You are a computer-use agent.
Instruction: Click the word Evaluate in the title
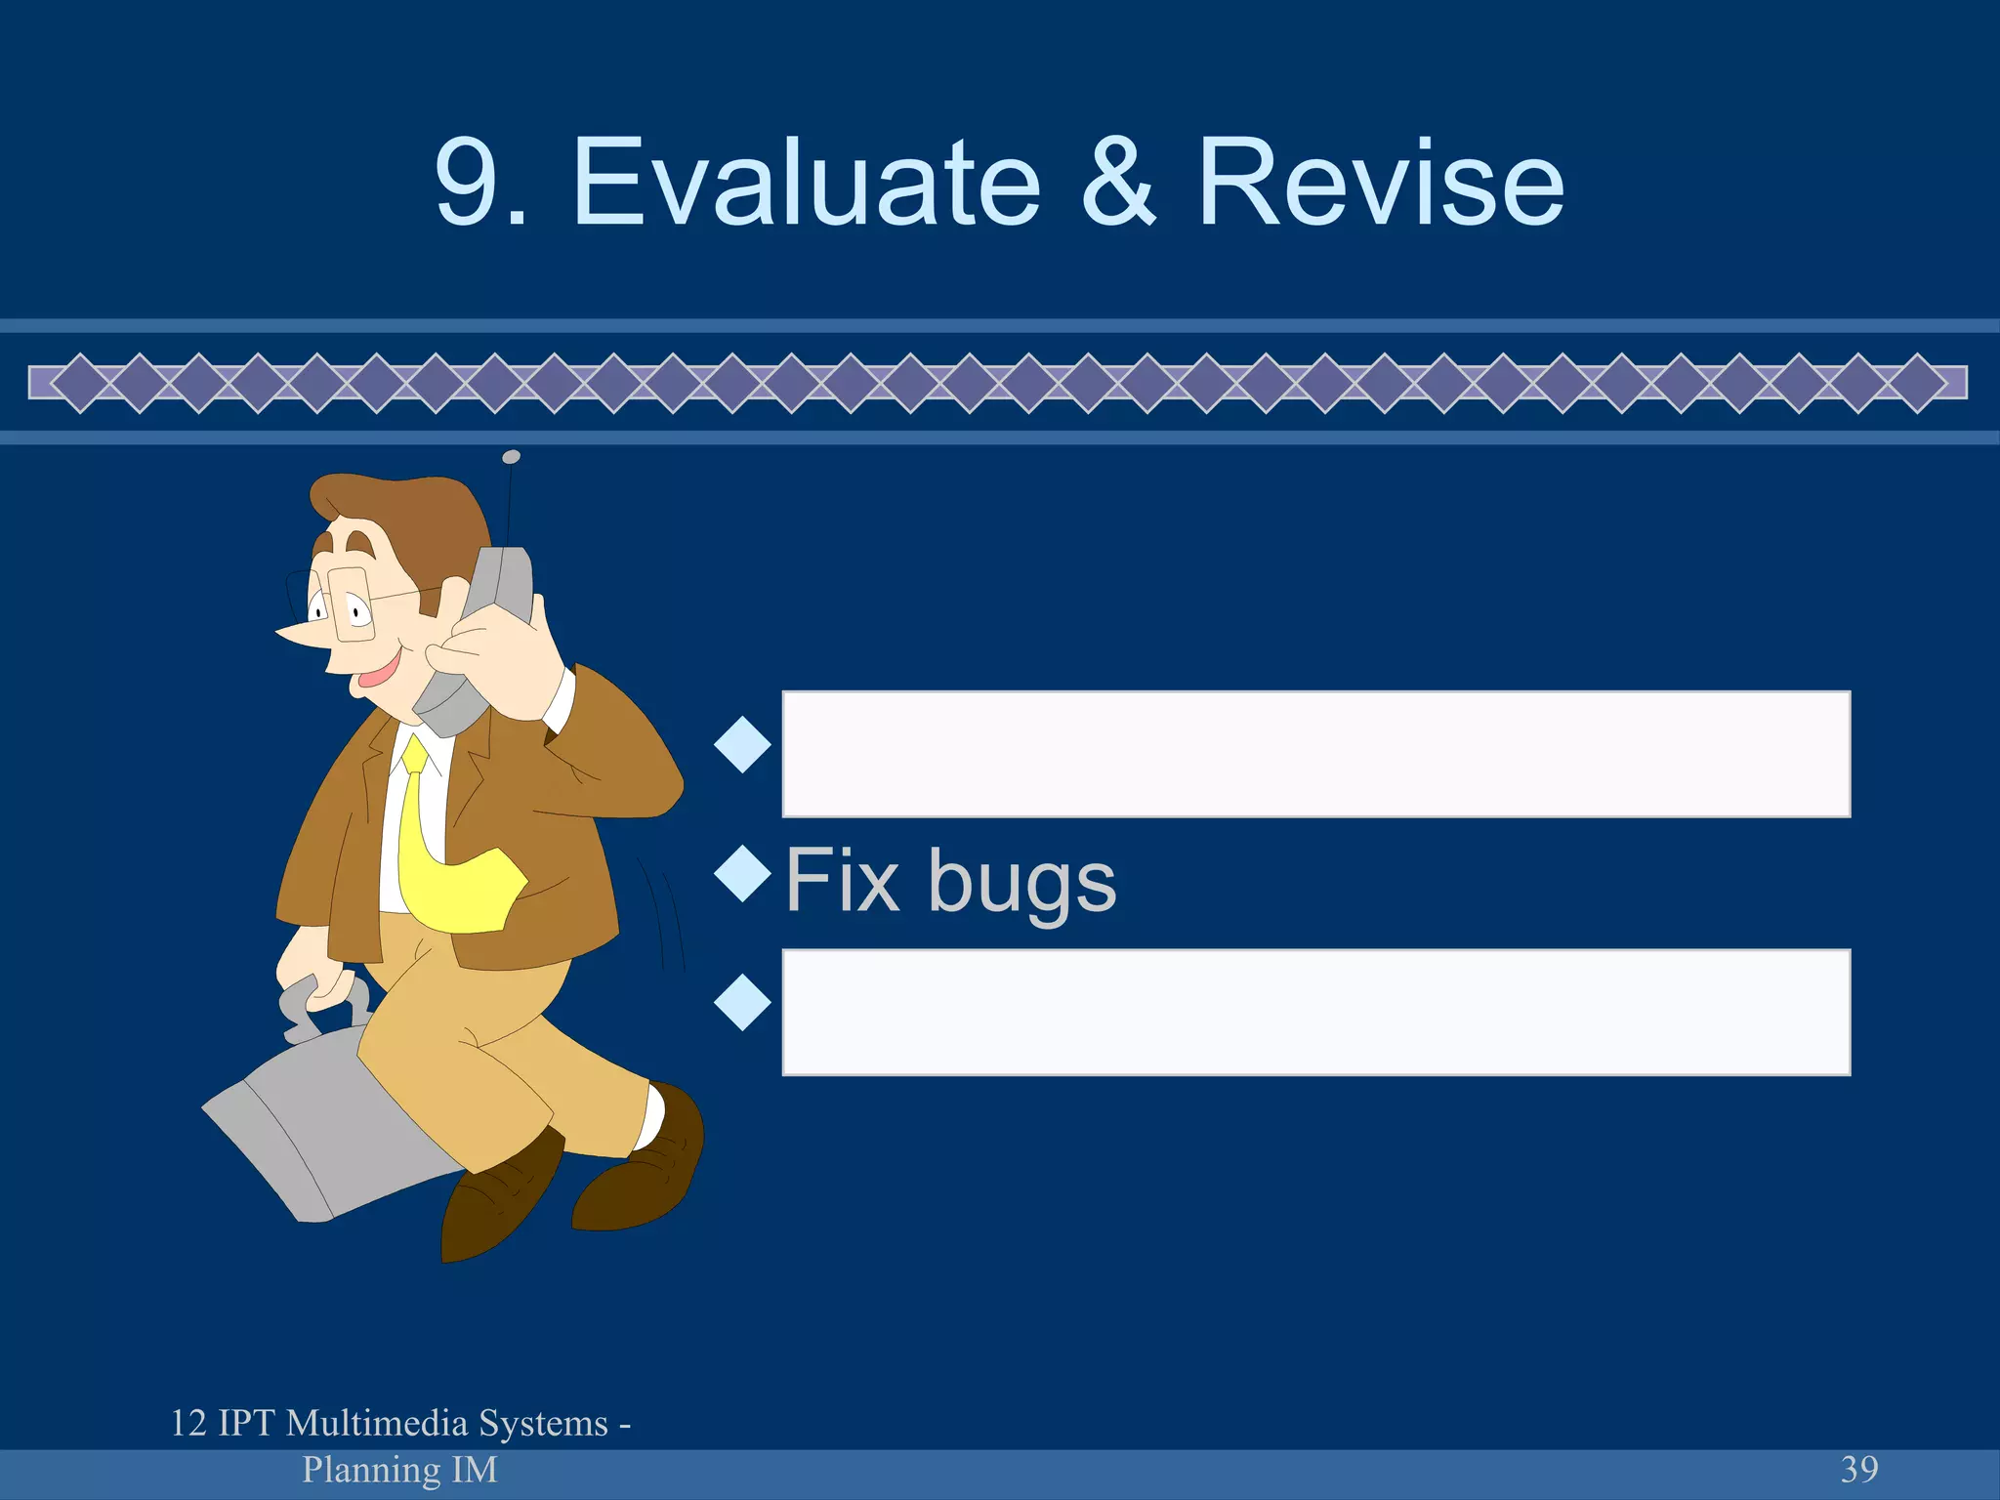tap(807, 183)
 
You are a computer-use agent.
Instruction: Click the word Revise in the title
tap(1380, 183)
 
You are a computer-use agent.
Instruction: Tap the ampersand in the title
tap(1119, 183)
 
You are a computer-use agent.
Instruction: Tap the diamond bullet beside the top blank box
tap(742, 744)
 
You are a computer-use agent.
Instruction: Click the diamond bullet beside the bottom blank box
tap(742, 1002)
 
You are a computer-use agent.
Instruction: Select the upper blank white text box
tap(1315, 753)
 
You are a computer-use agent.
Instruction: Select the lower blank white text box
tap(1315, 1012)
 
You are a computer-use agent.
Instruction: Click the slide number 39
tap(1859, 1469)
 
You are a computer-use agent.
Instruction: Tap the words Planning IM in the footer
tap(399, 1469)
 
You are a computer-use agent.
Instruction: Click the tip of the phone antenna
tap(511, 457)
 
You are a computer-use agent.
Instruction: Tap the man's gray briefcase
tap(312, 1133)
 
